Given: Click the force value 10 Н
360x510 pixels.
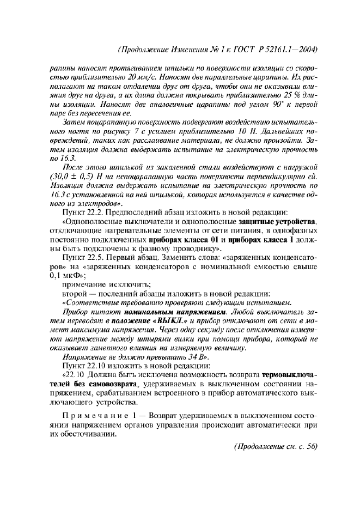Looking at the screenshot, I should click(225, 131).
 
